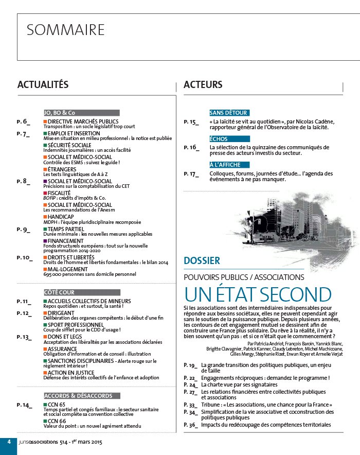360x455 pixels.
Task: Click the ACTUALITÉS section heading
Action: (43, 84)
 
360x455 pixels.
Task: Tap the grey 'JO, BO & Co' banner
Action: (81, 113)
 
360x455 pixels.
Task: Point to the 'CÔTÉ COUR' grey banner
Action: (81, 292)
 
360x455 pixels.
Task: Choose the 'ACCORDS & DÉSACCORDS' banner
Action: (81, 395)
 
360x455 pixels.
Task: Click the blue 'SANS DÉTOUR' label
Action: (229, 113)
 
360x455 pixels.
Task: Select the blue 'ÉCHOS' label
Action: (229, 139)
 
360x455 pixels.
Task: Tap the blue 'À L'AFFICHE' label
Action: (229, 165)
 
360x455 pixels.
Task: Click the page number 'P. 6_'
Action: (24, 121)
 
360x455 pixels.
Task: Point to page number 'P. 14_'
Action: (25, 405)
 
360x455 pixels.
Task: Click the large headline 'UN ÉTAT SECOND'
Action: (258, 294)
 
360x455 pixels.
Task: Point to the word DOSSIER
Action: (202, 261)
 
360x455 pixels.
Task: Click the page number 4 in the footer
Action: (8, 443)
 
